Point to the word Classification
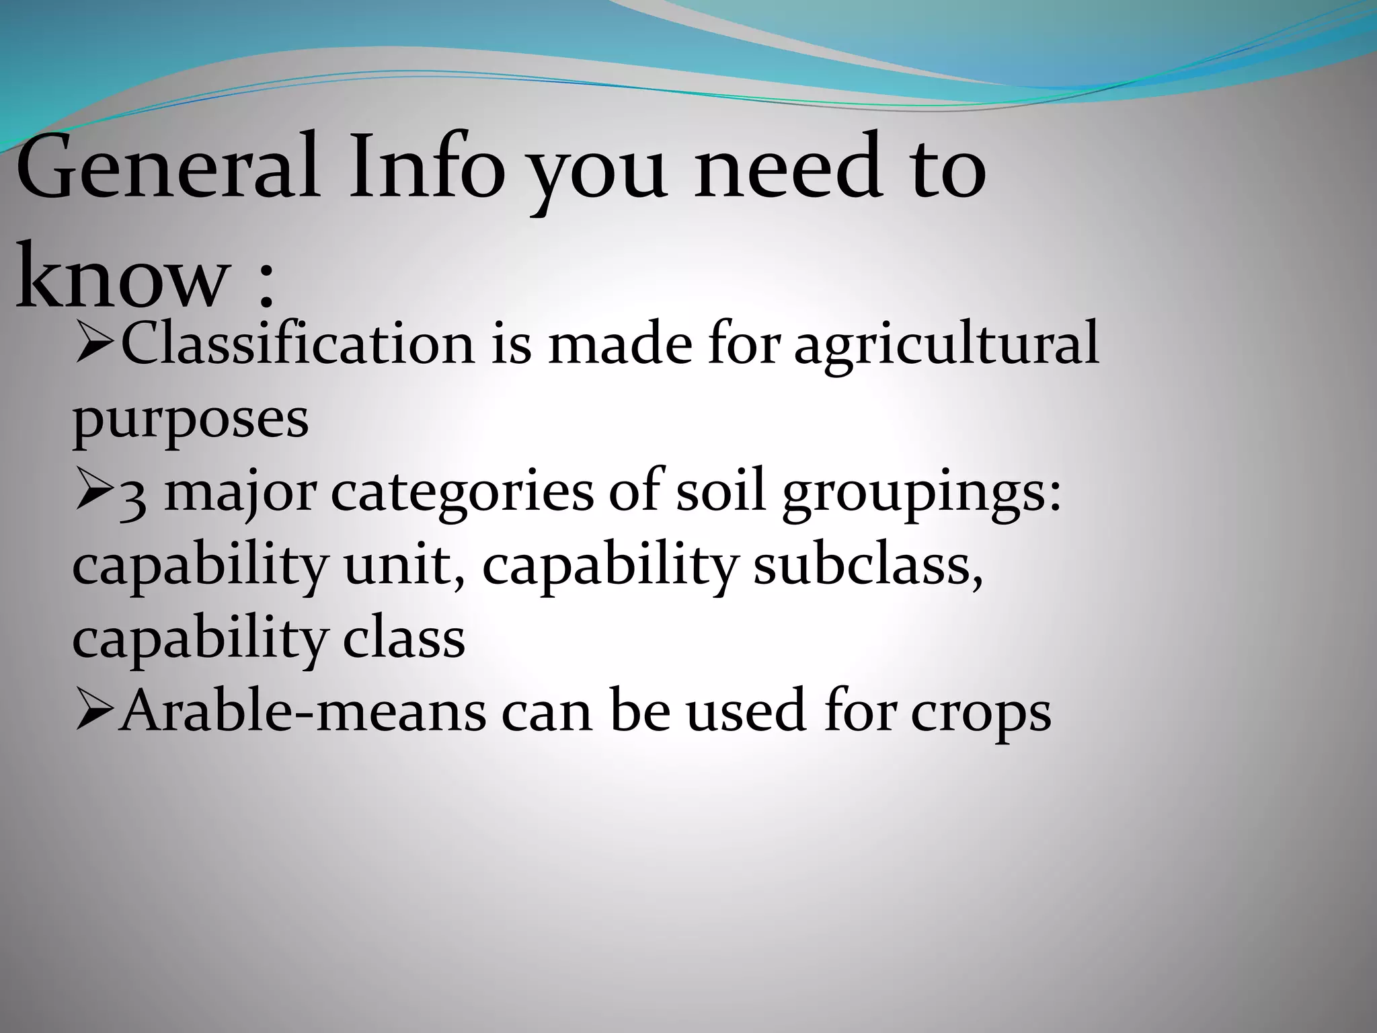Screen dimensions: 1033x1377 tap(297, 344)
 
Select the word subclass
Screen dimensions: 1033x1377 tap(867, 565)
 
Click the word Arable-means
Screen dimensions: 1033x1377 tap(303, 711)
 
